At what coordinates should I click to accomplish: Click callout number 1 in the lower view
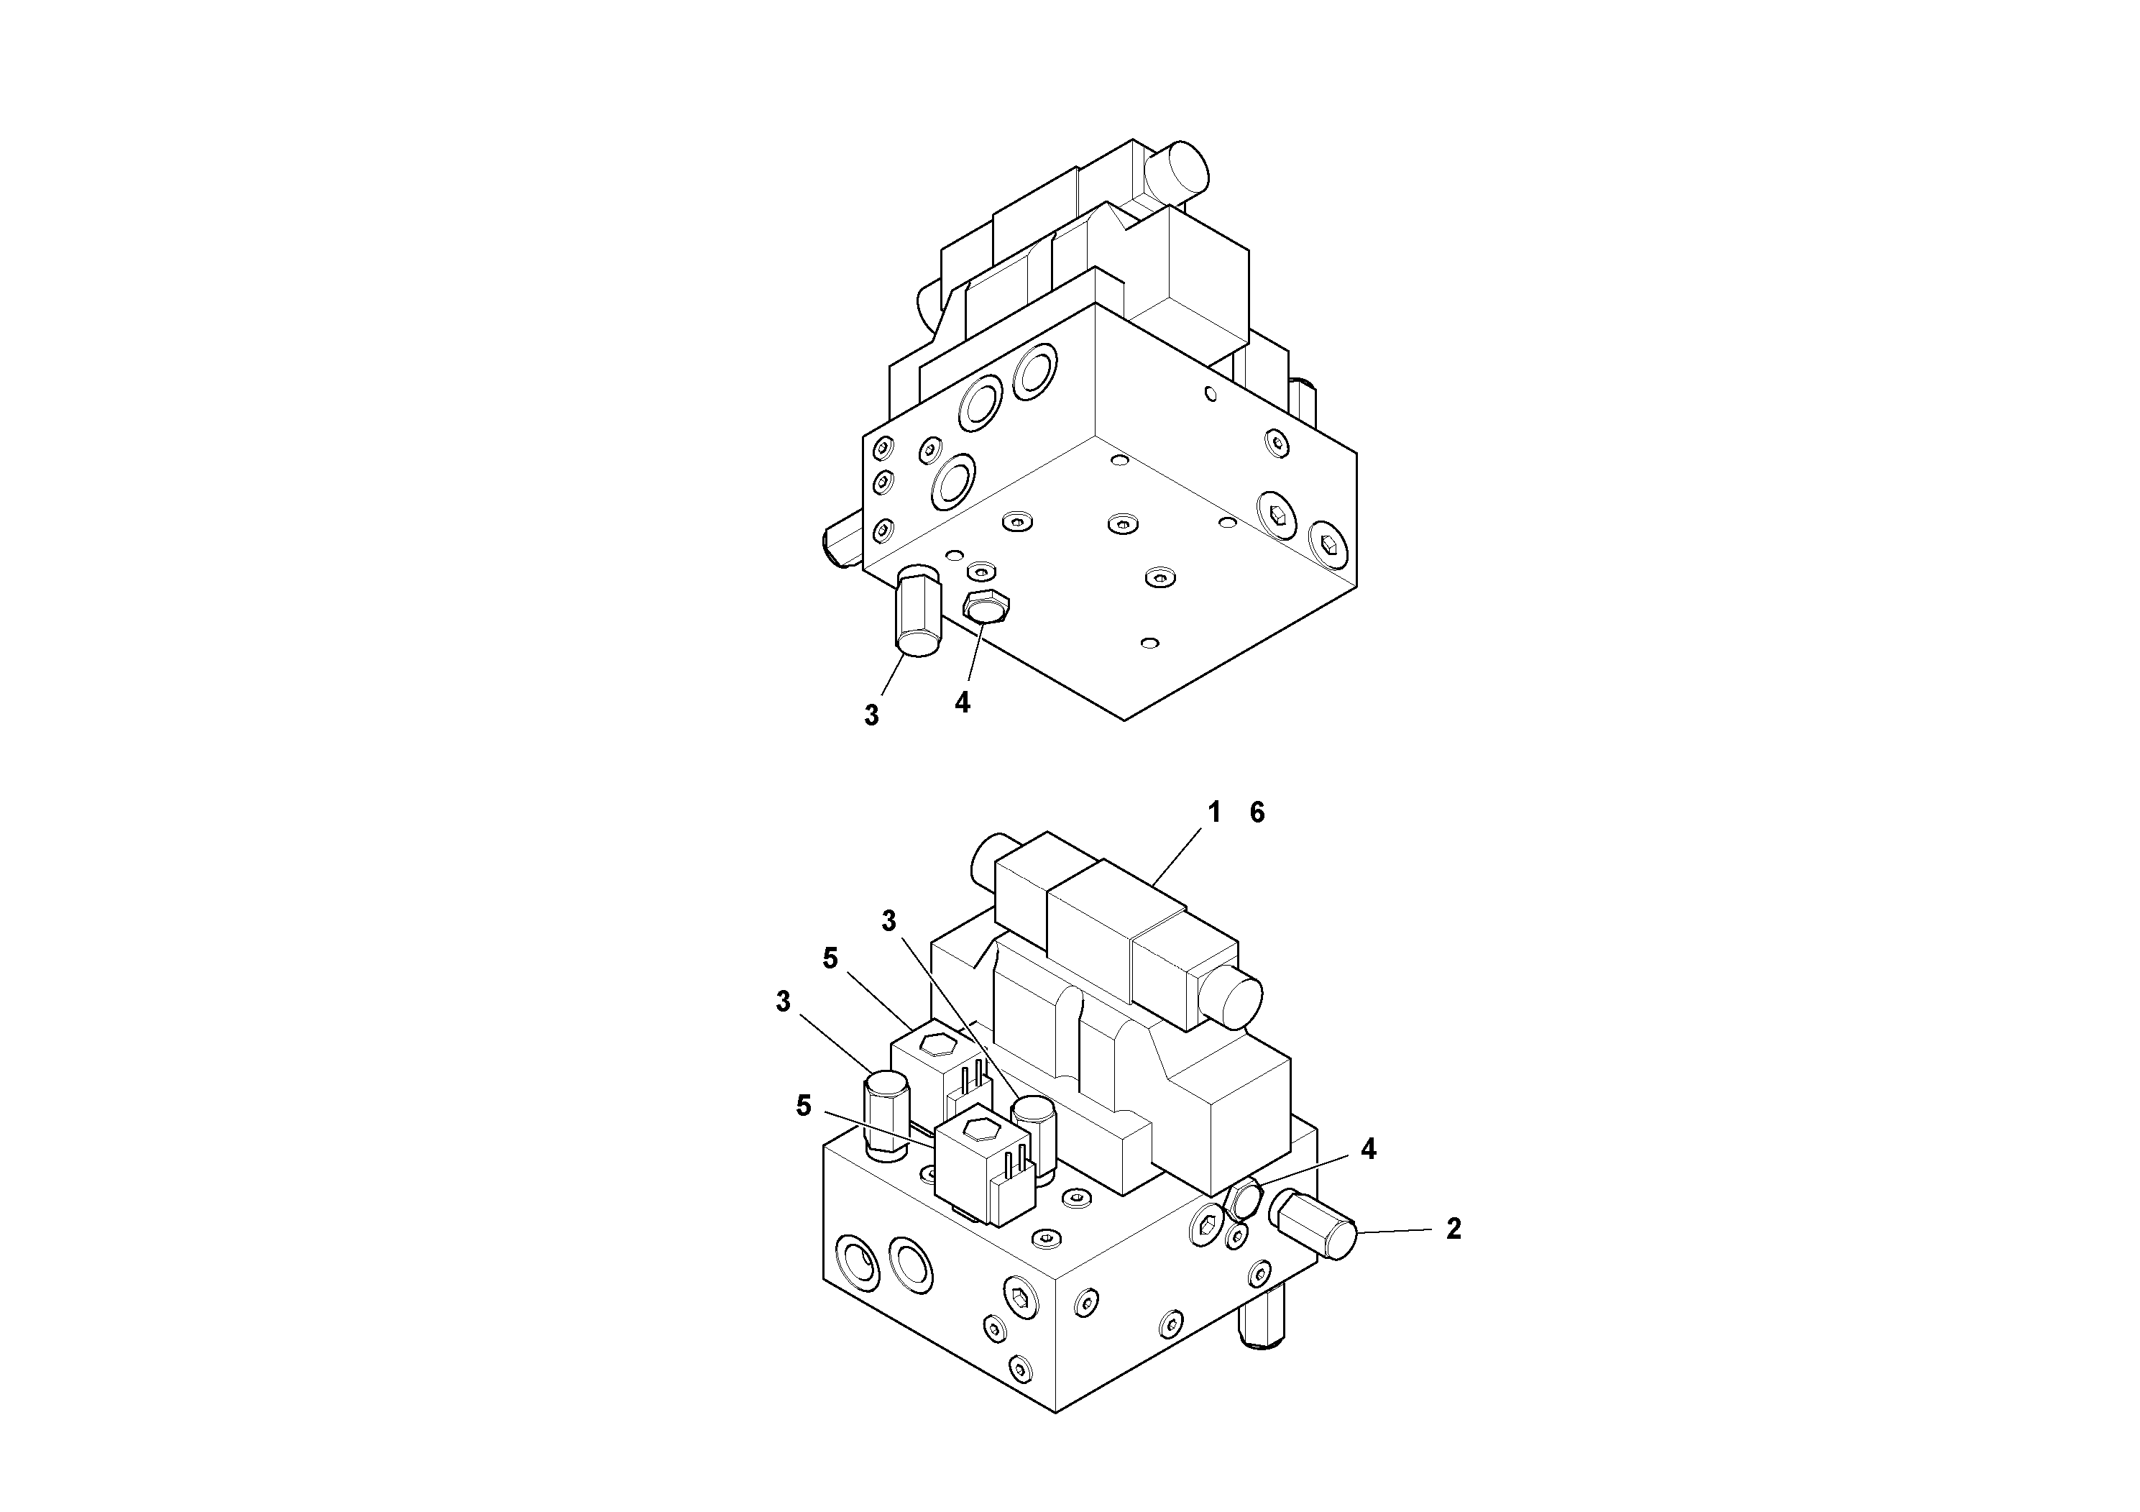[1213, 813]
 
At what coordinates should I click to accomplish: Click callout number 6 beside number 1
[1257, 813]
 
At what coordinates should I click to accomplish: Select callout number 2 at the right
[1453, 1229]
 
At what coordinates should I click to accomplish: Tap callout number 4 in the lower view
[1367, 1150]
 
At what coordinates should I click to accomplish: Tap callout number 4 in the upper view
[962, 702]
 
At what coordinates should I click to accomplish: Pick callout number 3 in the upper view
[871, 715]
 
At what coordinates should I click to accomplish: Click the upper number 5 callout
[830, 958]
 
